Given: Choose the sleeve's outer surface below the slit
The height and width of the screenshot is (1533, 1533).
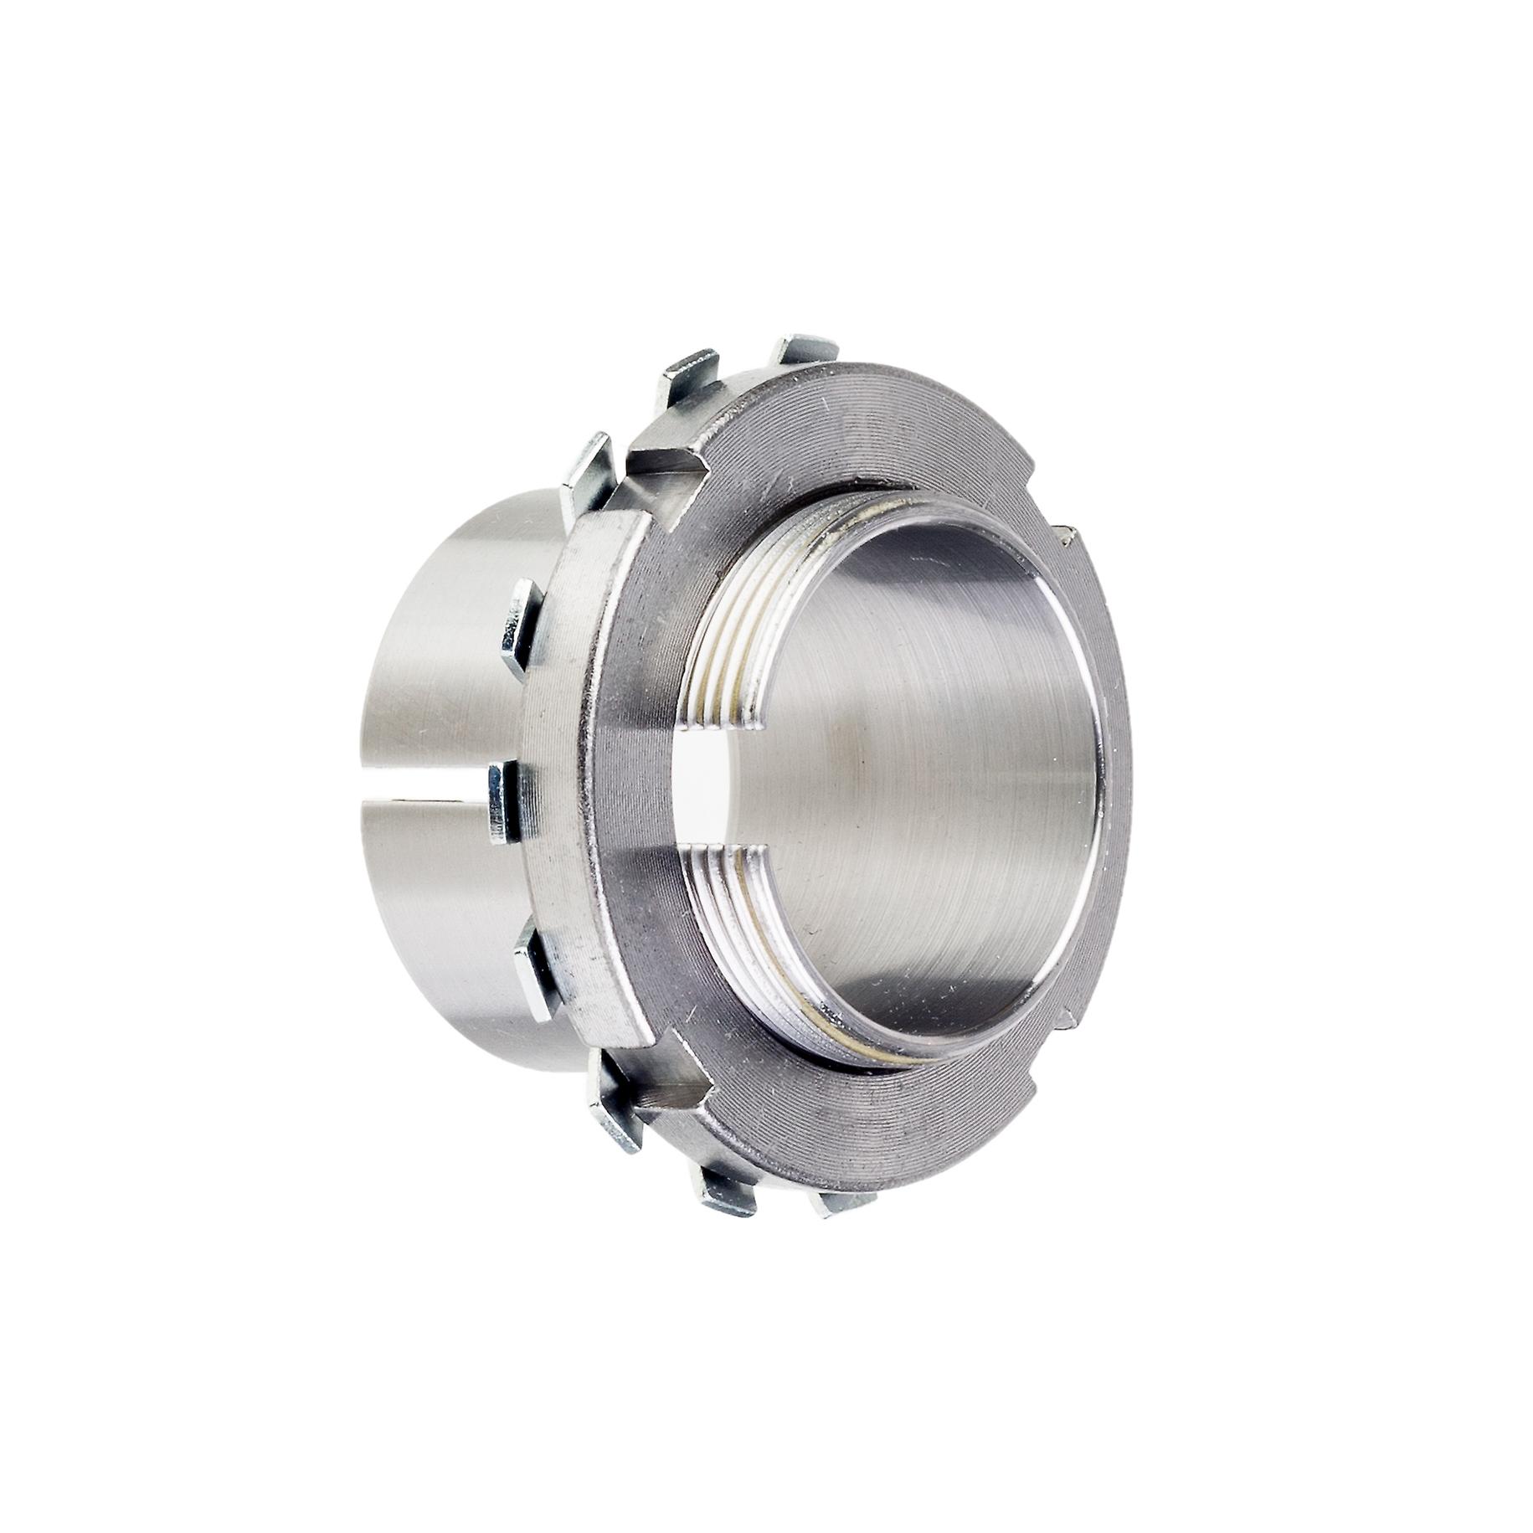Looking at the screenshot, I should click(x=435, y=921).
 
